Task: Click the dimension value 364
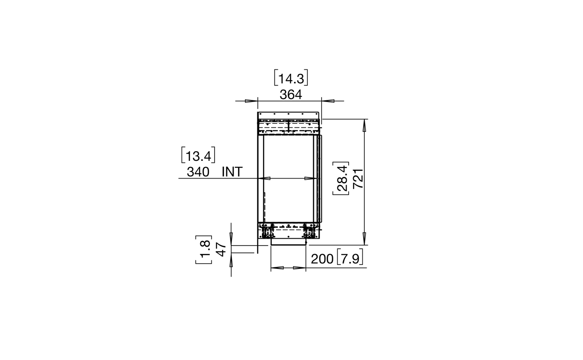(x=290, y=95)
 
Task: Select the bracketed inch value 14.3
(x=291, y=78)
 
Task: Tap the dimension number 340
(x=198, y=172)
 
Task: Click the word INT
(x=232, y=172)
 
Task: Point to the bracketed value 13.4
(x=198, y=155)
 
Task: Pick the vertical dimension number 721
(x=358, y=179)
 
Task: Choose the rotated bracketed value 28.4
(x=341, y=179)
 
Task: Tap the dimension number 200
(x=322, y=259)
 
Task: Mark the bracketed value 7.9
(x=349, y=259)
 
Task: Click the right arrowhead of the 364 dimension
(x=326, y=100)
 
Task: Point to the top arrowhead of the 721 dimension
(x=365, y=125)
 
